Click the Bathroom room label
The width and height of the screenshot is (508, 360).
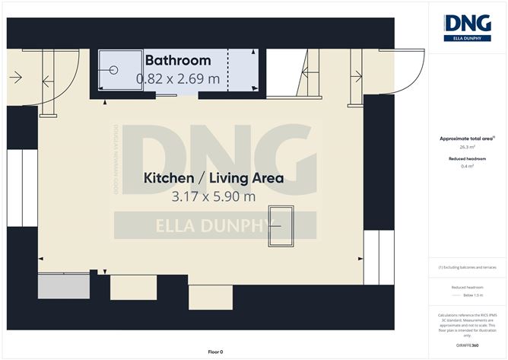click(177, 60)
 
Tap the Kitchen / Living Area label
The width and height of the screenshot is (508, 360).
click(214, 179)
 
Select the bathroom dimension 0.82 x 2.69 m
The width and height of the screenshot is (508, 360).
click(177, 78)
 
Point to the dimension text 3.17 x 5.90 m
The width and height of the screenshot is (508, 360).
click(214, 196)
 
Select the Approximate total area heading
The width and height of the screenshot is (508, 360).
click(466, 139)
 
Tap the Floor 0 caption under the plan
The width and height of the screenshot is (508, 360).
click(215, 352)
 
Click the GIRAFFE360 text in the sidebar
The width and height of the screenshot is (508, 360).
click(466, 346)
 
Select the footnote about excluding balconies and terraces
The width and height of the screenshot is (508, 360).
click(467, 268)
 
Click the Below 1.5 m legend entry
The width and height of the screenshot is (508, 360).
click(467, 294)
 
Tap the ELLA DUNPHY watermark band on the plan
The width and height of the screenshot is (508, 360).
click(215, 225)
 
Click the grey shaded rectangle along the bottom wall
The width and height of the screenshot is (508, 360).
click(64, 286)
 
